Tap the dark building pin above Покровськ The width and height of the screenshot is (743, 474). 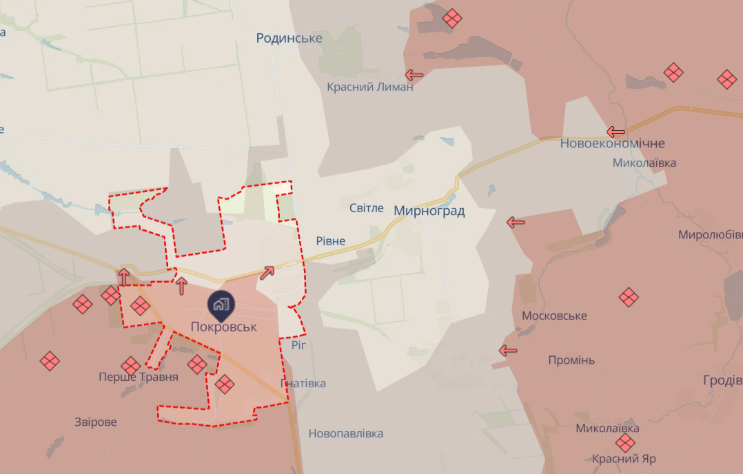point(221,304)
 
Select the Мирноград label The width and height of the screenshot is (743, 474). point(429,211)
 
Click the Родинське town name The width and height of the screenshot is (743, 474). point(289,38)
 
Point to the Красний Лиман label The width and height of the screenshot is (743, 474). point(370,87)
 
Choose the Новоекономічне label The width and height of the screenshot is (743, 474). point(612,143)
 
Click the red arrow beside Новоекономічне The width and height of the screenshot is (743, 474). point(615,132)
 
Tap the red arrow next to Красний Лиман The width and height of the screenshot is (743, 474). point(414,74)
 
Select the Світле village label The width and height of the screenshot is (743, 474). point(366,208)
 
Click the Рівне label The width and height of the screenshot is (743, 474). point(330,241)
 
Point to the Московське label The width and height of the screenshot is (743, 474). point(554,316)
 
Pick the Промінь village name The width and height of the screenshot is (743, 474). point(571,360)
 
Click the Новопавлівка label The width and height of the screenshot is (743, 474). point(345,433)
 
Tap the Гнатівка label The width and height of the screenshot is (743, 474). point(303,383)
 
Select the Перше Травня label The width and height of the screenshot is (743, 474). point(139,377)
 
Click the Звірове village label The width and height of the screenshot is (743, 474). point(96,422)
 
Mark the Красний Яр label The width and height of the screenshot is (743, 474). point(624,459)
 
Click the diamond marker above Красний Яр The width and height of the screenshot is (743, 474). point(625,443)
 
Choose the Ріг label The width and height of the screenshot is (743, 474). point(298,344)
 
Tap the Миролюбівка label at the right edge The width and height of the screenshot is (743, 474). point(710,234)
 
